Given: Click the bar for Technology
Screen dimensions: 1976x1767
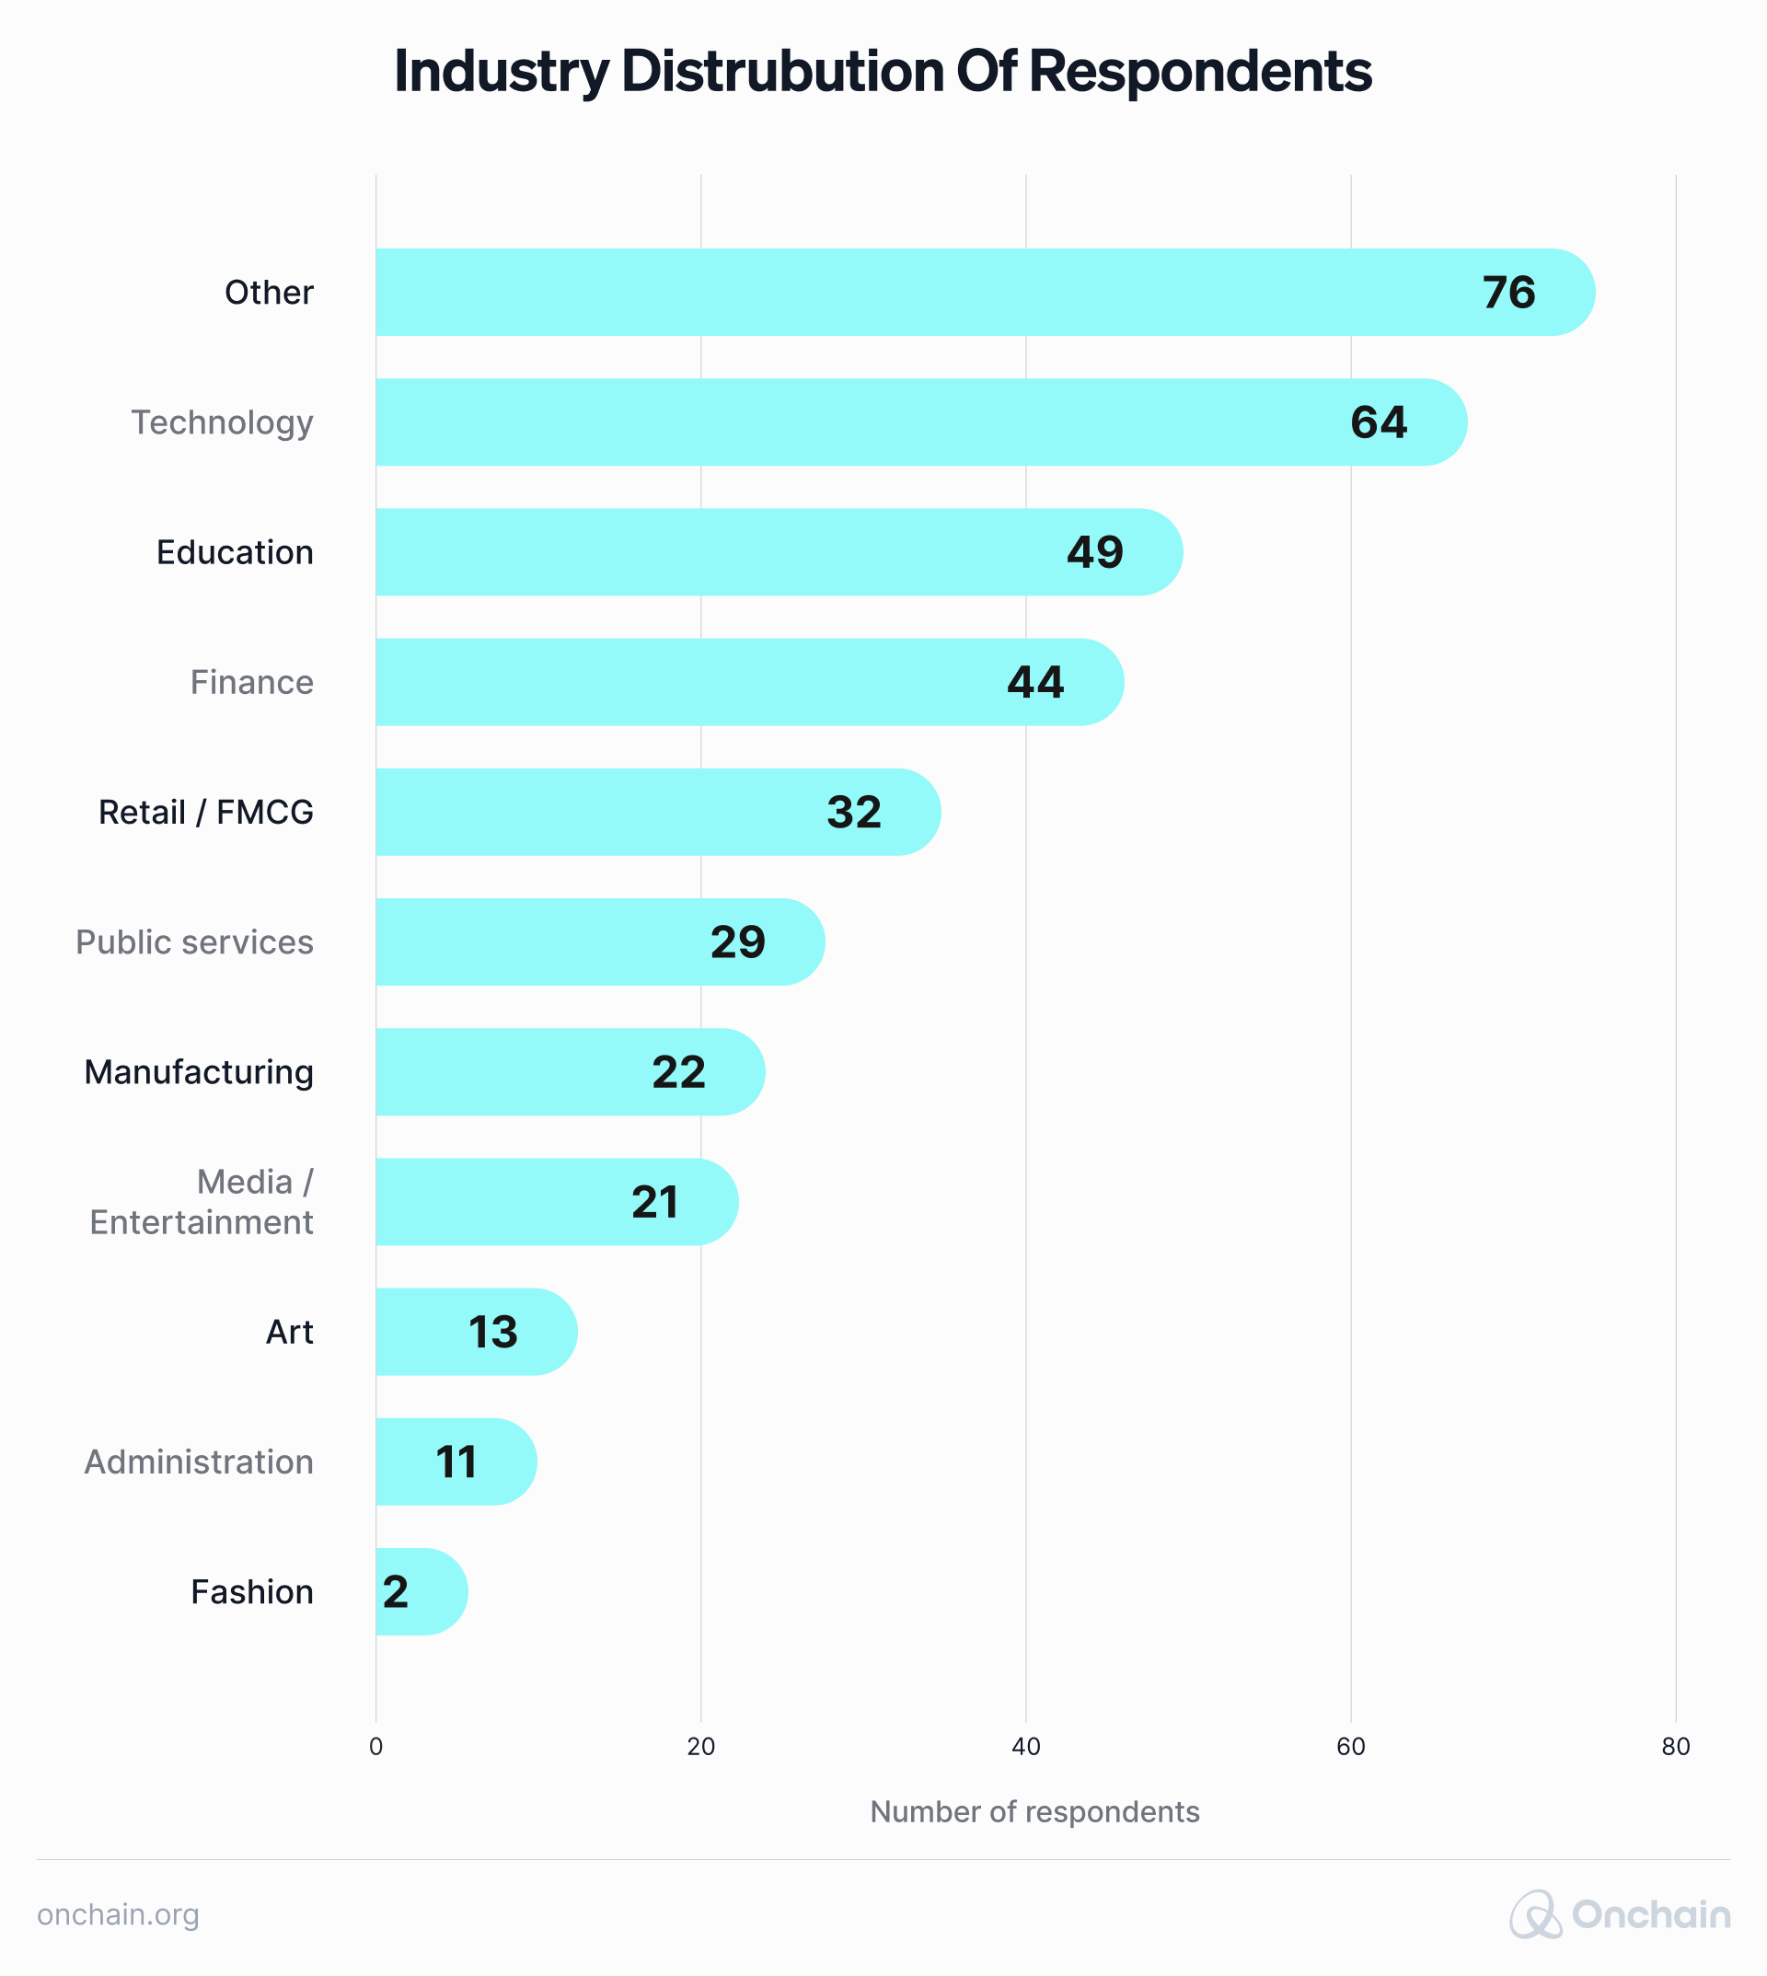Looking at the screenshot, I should [x=873, y=422].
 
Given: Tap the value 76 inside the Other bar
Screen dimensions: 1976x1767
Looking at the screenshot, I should [x=1508, y=293].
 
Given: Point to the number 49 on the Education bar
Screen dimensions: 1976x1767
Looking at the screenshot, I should [x=1094, y=552].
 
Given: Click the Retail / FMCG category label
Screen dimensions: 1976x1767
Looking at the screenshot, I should [x=206, y=812].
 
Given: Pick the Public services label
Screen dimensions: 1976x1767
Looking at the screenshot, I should [x=194, y=942].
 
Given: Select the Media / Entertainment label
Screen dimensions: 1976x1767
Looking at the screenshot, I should [x=202, y=1201].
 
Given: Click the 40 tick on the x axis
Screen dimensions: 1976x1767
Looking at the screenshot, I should [x=1025, y=1747].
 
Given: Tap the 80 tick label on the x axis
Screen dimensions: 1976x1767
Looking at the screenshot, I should [x=1675, y=1747].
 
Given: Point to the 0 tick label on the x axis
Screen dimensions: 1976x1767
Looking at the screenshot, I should [x=375, y=1747].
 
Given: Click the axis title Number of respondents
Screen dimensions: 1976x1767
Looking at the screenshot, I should [x=1034, y=1812].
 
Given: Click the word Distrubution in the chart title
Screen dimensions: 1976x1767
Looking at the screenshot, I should [x=781, y=72].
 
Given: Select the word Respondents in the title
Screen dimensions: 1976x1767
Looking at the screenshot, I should [x=1199, y=72].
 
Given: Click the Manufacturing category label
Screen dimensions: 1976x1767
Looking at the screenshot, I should [x=199, y=1072].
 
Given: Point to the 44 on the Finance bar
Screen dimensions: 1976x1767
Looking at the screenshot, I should [x=1035, y=683].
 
